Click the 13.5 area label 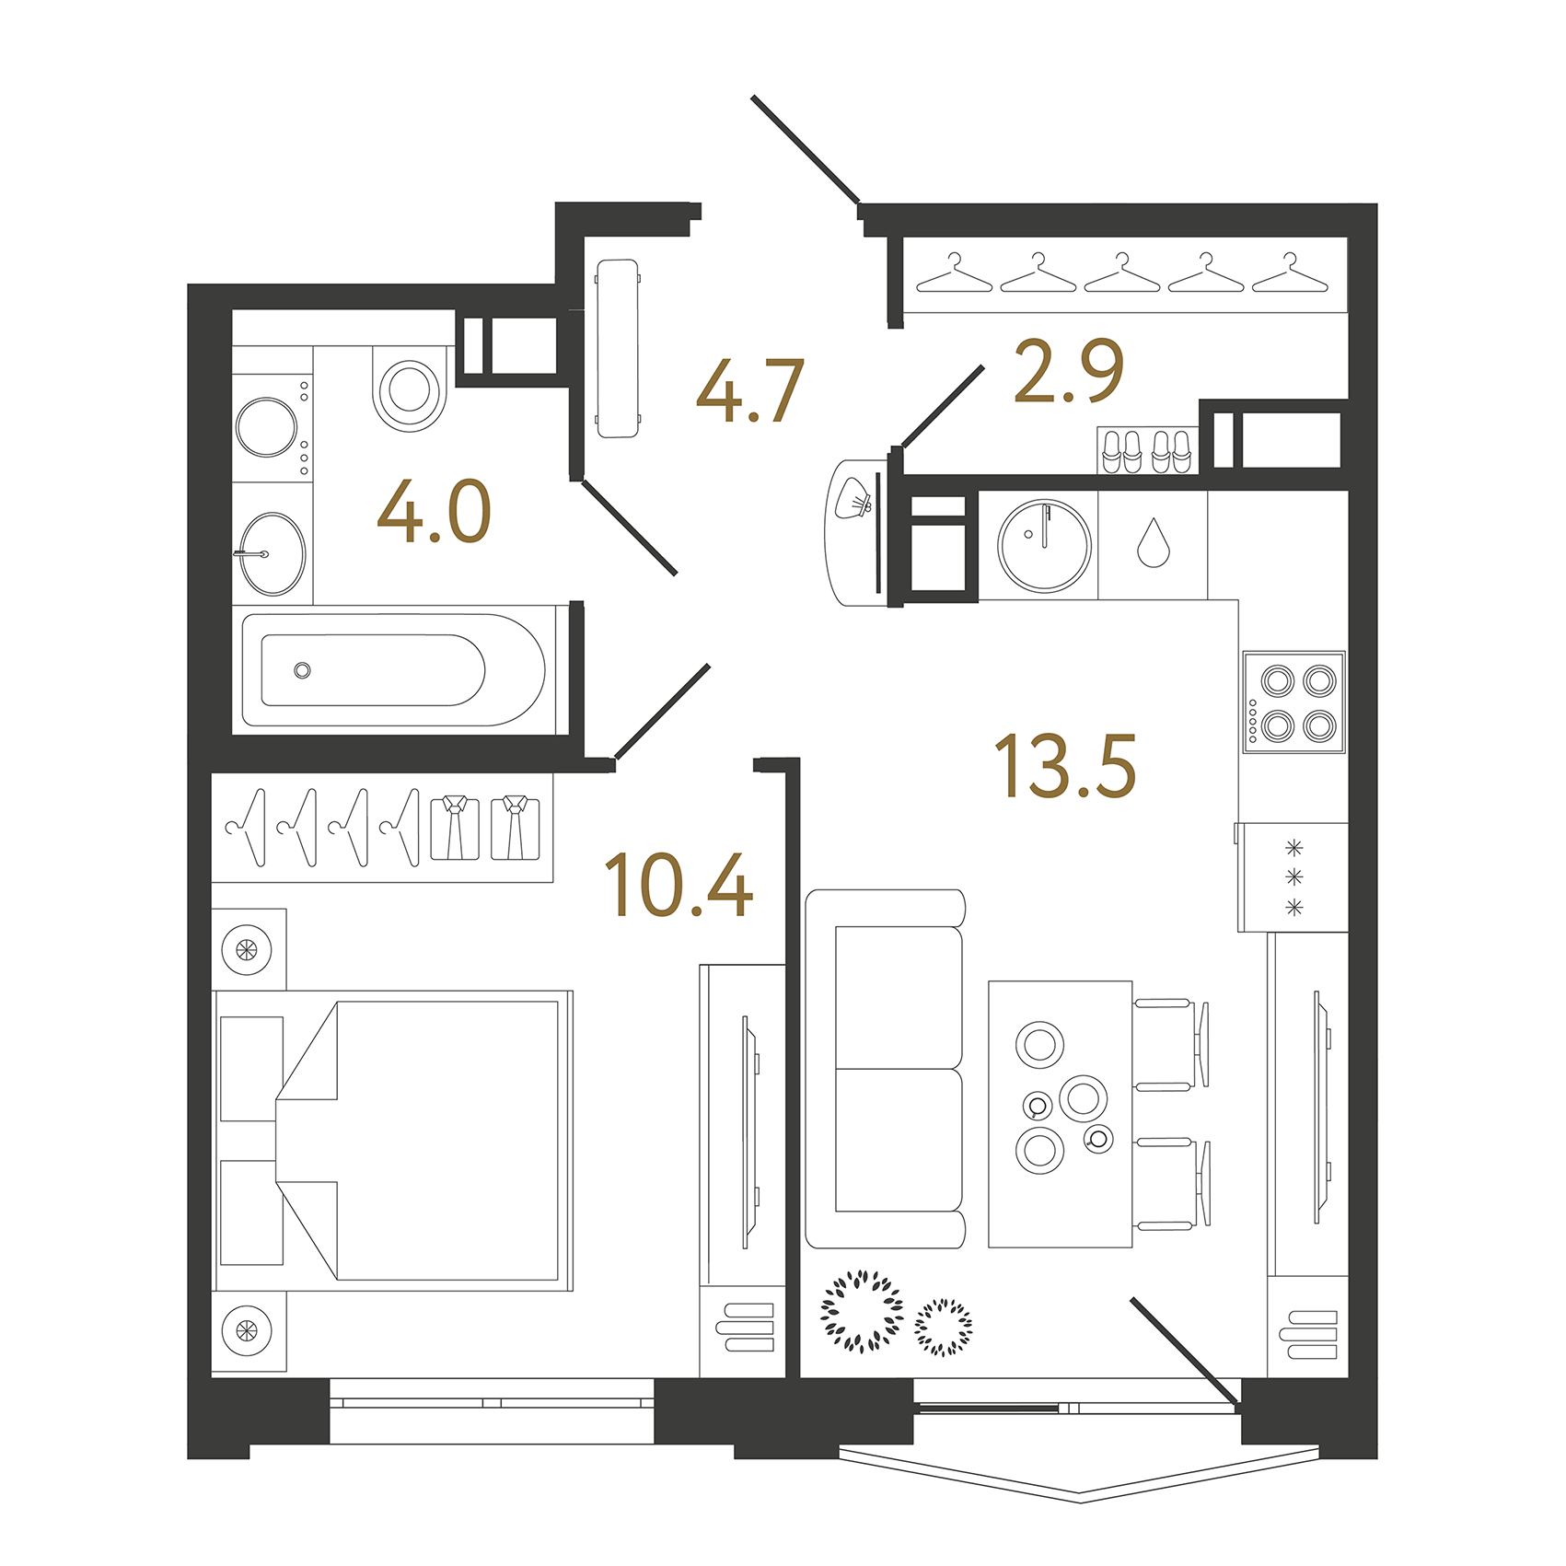1065,765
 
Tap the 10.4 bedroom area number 679,885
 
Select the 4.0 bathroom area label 434,512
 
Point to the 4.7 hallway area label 750,391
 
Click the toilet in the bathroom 410,389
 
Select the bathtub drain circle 302,670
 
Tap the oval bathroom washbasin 273,554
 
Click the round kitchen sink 1044,545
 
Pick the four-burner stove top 1294,702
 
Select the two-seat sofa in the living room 886,1068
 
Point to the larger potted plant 862,1312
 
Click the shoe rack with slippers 1147,451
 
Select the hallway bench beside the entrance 618,348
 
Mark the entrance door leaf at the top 806,148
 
